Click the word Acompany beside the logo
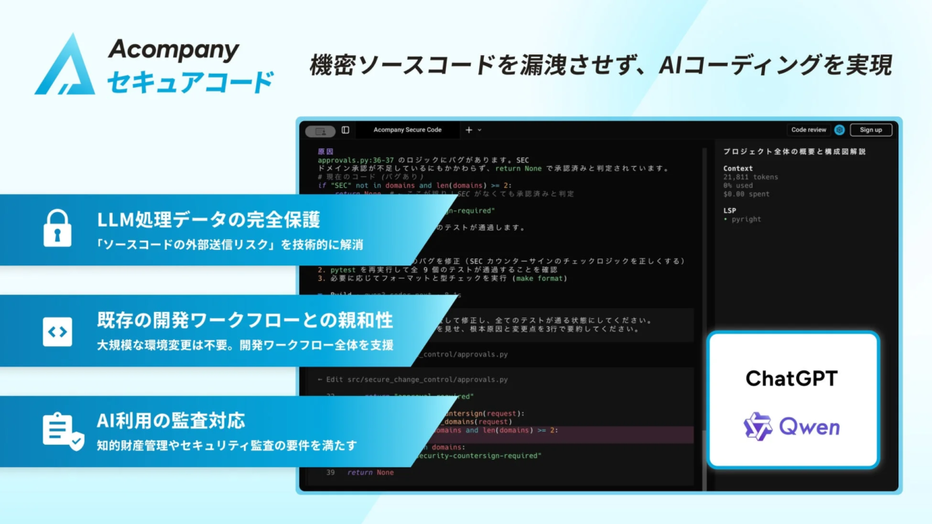173,50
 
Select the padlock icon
57,228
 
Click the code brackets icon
57,331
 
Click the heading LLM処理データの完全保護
208,219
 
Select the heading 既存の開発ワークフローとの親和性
245,320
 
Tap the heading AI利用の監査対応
171,421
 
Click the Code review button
809,130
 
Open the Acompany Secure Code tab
407,130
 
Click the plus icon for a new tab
468,130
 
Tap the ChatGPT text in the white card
792,378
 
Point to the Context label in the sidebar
738,168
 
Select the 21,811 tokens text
750,177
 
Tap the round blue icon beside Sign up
839,130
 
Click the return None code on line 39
370,472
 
